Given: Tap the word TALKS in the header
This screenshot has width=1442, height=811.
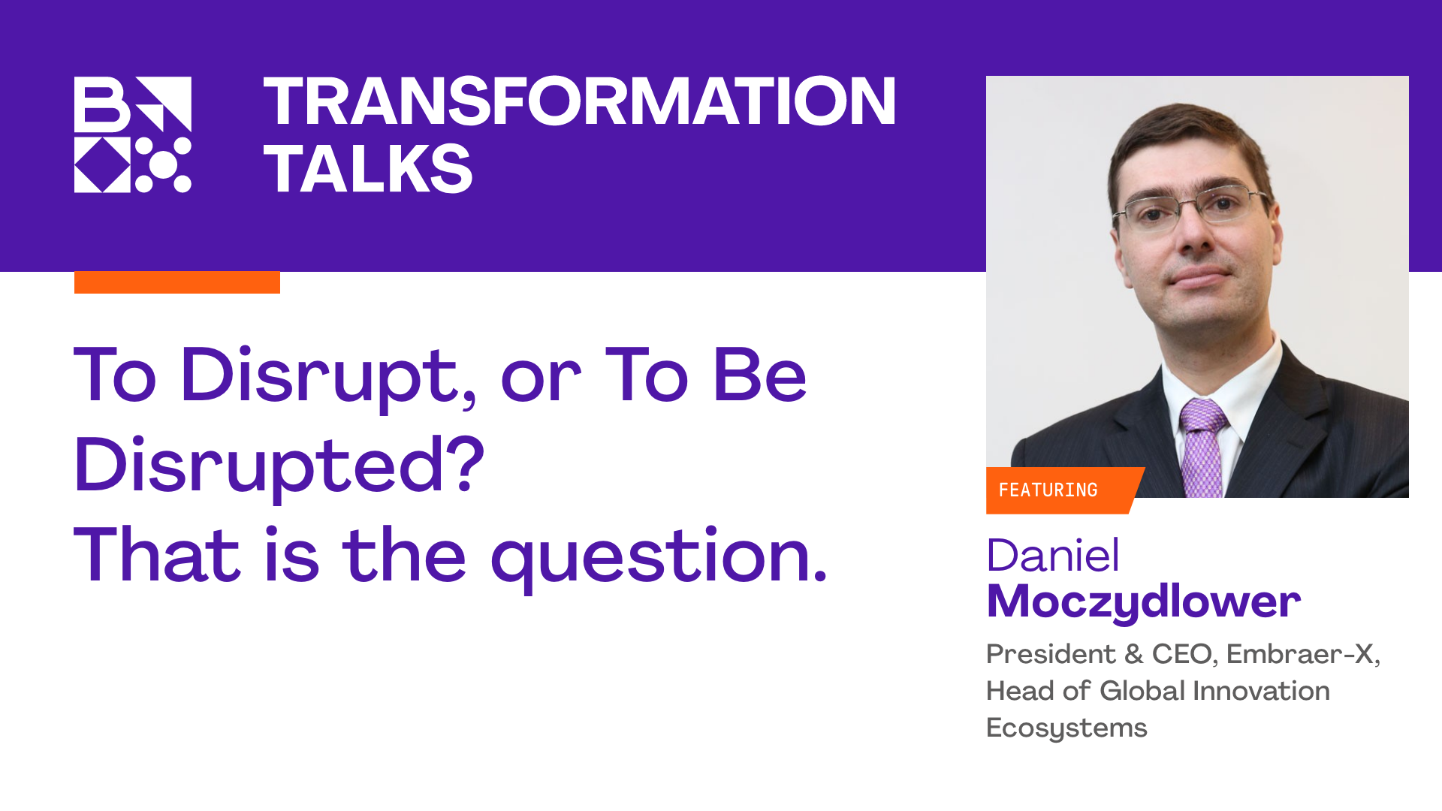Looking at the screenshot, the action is [368, 168].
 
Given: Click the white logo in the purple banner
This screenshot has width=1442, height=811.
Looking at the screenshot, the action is [133, 134].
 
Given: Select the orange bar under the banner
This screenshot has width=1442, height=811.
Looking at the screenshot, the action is [177, 282].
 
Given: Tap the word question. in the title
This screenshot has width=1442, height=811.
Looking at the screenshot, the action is [659, 557].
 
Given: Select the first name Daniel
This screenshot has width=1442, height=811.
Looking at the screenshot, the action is [1053, 556].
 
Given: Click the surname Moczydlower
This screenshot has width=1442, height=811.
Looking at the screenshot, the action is [1144, 602].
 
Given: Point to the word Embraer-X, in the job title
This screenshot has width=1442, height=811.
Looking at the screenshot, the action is [1303, 654].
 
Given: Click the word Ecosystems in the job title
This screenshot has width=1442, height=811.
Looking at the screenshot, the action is [1066, 728].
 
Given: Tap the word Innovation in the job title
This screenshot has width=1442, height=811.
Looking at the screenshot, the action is [1262, 691].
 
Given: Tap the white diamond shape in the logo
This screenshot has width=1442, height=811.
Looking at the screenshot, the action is [103, 164].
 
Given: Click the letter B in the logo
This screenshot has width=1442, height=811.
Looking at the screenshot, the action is [102, 104].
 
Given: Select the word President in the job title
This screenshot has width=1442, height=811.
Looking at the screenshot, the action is [1051, 654].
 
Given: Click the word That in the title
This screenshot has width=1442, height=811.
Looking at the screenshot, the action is [158, 556].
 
